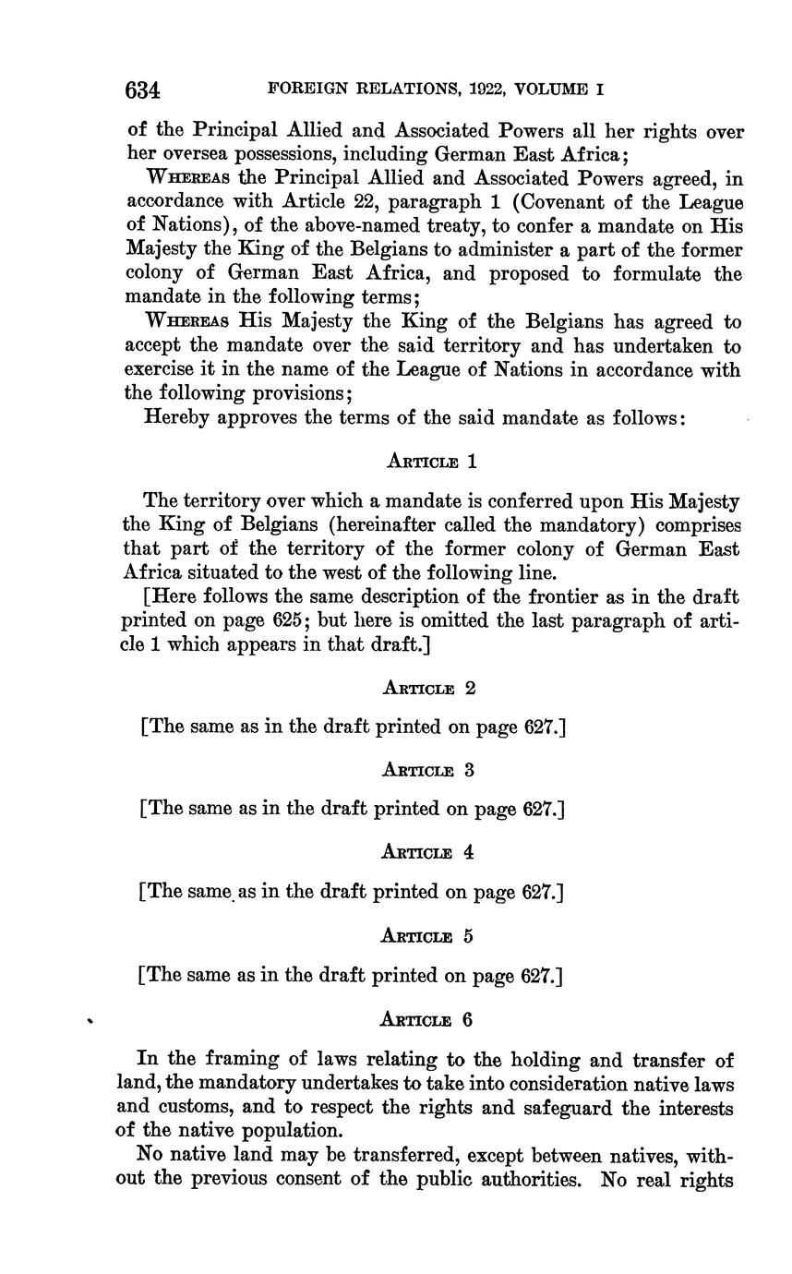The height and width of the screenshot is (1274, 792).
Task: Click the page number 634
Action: click(143, 90)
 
